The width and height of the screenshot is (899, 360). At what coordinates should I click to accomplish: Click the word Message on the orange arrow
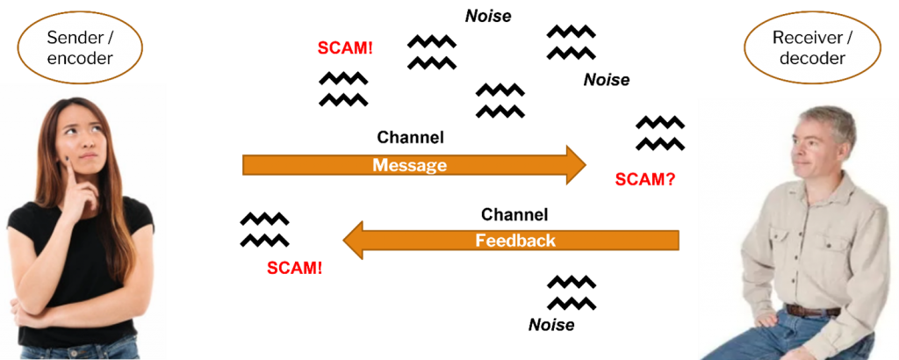point(409,165)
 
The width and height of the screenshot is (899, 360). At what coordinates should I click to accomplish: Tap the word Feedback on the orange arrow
point(515,240)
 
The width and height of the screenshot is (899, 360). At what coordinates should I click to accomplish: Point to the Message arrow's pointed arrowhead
point(576,165)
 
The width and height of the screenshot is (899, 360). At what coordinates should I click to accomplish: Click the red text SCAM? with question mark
point(644,180)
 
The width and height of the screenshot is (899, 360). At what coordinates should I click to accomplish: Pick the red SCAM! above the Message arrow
point(345,47)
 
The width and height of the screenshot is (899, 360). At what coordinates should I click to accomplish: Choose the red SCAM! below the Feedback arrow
point(294,268)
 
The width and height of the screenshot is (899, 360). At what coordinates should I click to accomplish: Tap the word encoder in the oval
point(81,58)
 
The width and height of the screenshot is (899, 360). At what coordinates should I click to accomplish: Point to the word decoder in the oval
point(812,59)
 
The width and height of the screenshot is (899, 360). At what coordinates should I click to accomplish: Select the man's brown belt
point(812,310)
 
